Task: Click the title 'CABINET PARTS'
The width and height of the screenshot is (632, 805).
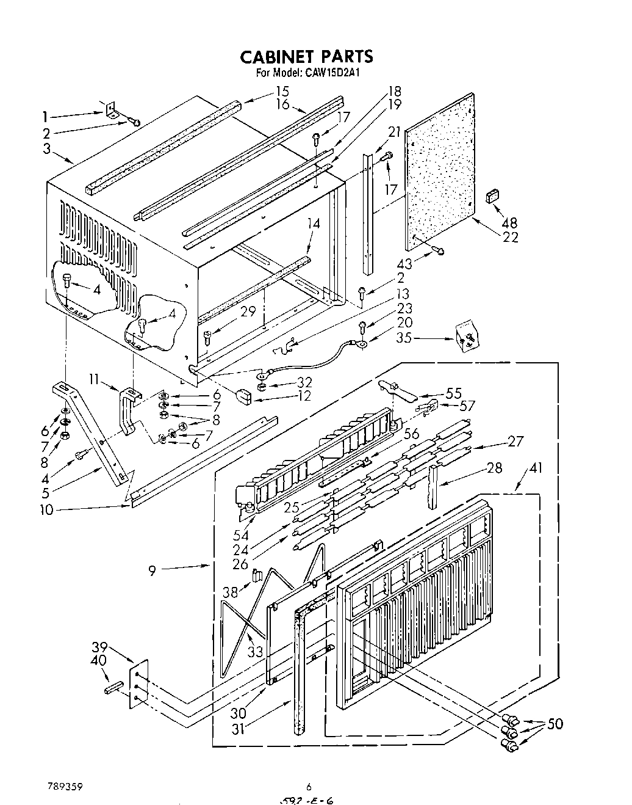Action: (x=306, y=57)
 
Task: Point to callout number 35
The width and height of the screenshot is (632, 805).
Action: (x=404, y=337)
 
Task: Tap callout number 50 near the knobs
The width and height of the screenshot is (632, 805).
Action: (x=555, y=724)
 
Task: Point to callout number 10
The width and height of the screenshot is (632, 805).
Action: (x=46, y=509)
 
